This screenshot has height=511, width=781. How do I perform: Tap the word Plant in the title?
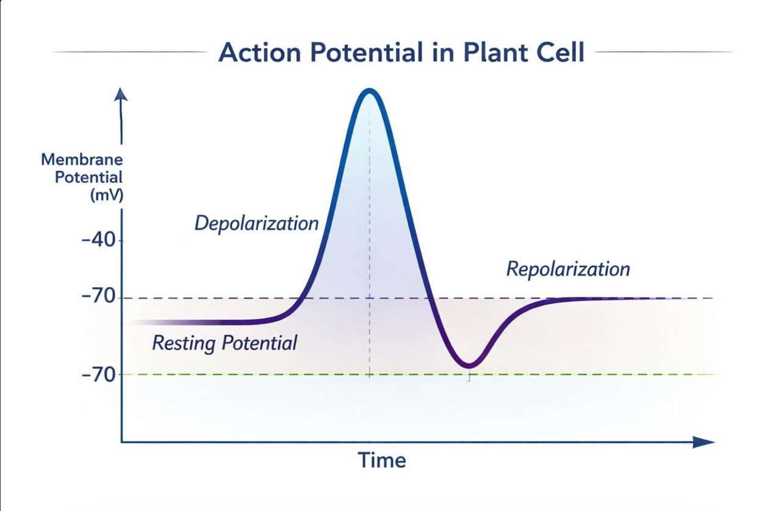(x=487, y=52)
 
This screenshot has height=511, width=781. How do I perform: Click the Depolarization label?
(x=256, y=223)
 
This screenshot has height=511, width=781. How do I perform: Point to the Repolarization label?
(x=568, y=269)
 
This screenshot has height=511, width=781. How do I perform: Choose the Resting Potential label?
(x=225, y=343)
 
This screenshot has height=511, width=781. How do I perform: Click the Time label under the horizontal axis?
(x=381, y=460)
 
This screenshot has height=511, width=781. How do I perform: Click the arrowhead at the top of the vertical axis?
(x=121, y=94)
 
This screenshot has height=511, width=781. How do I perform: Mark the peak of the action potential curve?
(x=369, y=91)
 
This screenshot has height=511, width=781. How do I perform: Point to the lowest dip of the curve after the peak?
(x=469, y=366)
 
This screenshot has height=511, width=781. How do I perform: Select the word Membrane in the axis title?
(x=82, y=160)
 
